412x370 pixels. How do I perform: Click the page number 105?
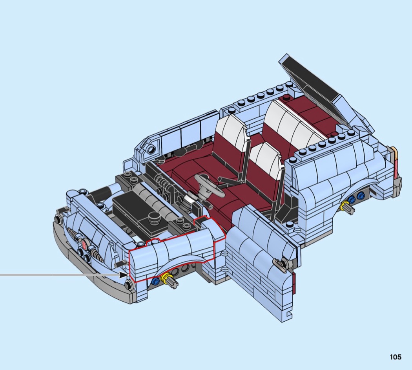click(396, 357)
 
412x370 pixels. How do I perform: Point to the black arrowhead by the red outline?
click(124, 275)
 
